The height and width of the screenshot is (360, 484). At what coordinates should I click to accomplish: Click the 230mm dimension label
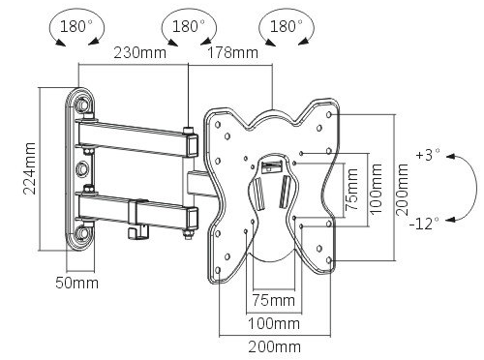[139, 52]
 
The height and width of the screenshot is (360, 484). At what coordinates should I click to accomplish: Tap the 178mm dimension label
[232, 52]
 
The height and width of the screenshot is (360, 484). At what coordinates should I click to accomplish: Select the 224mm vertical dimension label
[29, 168]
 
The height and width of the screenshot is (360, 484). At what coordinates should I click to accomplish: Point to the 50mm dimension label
[76, 283]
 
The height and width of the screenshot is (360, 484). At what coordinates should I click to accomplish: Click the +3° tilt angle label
[428, 155]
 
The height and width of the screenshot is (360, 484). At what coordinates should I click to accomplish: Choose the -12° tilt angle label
[425, 223]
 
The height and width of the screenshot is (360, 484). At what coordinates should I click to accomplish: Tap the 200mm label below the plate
[274, 347]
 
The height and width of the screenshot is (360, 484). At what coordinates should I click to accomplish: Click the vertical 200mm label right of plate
[402, 190]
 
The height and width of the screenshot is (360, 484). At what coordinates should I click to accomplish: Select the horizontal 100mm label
[274, 323]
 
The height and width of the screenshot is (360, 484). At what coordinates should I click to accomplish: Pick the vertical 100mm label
[376, 189]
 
